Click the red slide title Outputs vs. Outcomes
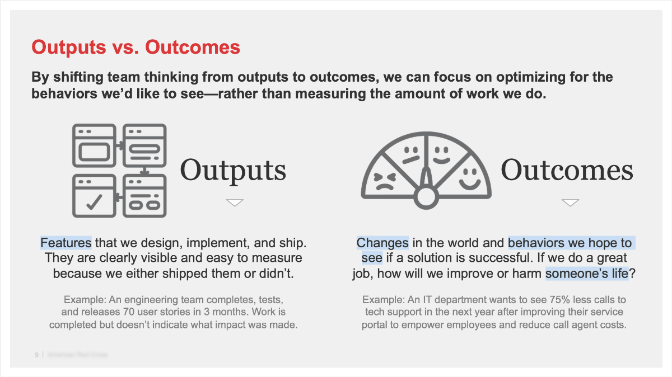(136, 47)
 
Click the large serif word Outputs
(233, 169)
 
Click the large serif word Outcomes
(567, 169)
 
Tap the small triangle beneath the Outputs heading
(235, 202)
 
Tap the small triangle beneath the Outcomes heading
(570, 202)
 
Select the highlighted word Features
(66, 243)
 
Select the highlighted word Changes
(382, 243)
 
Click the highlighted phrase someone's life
(586, 274)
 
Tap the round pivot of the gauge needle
(427, 196)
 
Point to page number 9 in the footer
(36, 355)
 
